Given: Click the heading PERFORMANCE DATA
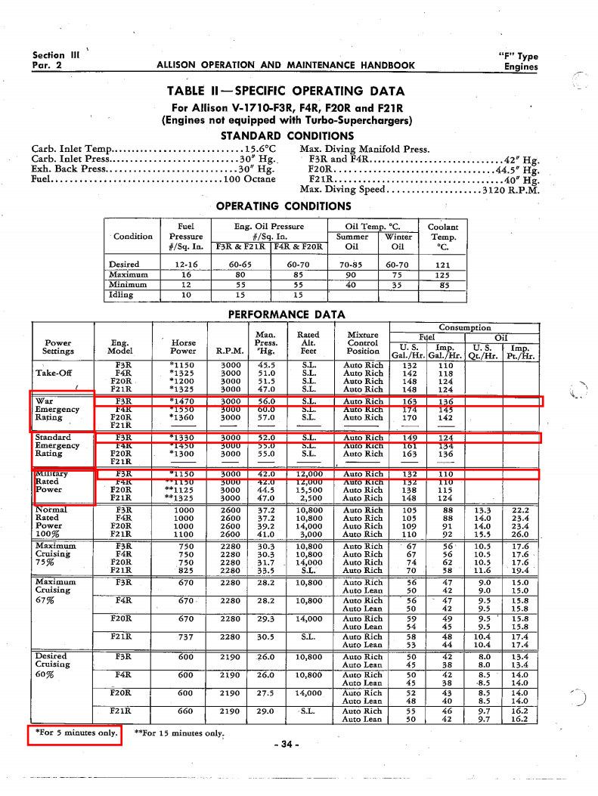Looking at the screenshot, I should pyautogui.click(x=286, y=314).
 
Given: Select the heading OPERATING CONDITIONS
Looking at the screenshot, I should pyautogui.click(x=284, y=206).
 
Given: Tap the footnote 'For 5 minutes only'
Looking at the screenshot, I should pyautogui.click(x=75, y=733).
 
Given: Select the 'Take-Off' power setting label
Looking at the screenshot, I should pyautogui.click(x=55, y=373).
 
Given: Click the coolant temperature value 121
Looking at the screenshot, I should pyautogui.click(x=443, y=265).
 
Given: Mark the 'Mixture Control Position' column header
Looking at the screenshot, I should pyautogui.click(x=363, y=342).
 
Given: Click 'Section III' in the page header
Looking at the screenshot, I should pyautogui.click(x=56, y=55).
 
